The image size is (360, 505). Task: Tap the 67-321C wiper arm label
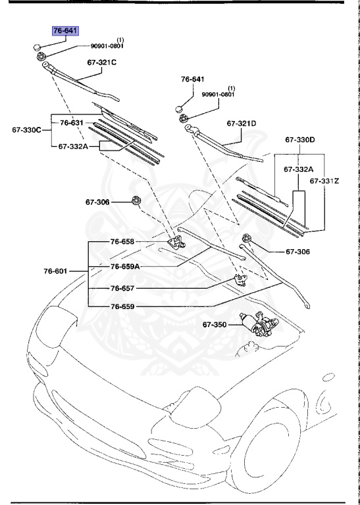tap(102, 63)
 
